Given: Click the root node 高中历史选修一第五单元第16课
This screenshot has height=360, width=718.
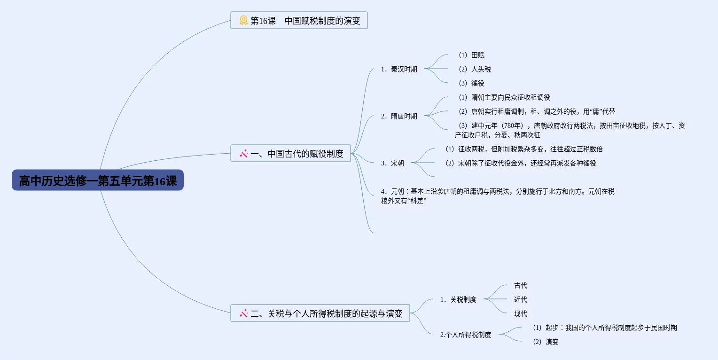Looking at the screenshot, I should (98, 180).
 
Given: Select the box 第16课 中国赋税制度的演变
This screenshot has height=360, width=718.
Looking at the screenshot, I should (299, 21).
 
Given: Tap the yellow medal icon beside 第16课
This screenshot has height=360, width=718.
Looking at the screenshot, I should (243, 21).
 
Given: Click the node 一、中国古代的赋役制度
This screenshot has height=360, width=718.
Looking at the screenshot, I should (290, 154).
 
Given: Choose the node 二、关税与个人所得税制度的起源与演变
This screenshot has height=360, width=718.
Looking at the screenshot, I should (320, 313).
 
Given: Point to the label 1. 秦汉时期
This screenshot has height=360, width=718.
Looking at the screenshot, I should (399, 69).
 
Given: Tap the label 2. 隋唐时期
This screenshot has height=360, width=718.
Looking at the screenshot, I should (399, 116).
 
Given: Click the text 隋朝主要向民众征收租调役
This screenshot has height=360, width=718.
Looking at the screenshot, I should (510, 97).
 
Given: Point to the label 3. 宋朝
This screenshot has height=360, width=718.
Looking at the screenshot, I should (392, 163).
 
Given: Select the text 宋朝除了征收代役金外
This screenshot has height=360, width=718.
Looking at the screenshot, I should (491, 163).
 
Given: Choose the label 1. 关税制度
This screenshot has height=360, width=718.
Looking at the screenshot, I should (458, 299).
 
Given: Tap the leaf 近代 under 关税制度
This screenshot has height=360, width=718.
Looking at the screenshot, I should (521, 299).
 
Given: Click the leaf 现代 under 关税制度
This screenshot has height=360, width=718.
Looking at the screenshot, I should (521, 313).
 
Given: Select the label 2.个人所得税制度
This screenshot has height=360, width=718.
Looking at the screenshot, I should (466, 335).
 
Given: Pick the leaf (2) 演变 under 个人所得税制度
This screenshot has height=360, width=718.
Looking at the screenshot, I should (546, 342).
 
